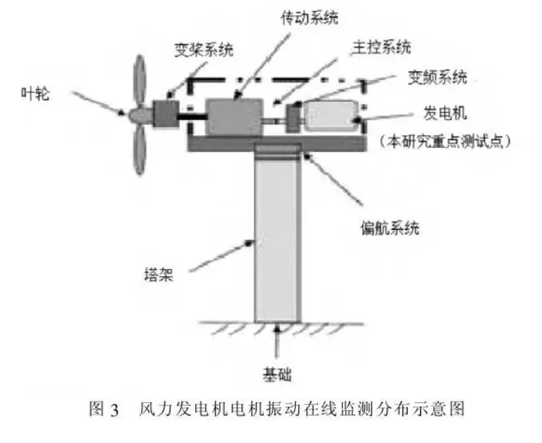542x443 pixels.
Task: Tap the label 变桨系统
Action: click(203, 50)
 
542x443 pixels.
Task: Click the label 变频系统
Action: click(438, 76)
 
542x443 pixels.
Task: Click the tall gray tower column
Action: click(278, 237)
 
